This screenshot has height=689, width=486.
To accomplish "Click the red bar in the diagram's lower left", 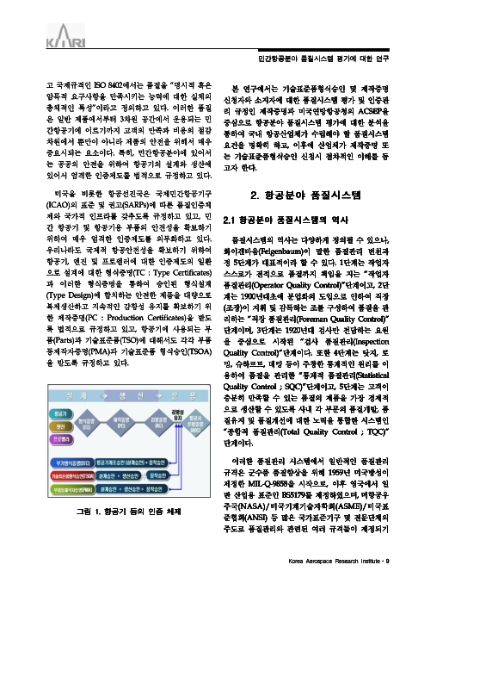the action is coord(66,475).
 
